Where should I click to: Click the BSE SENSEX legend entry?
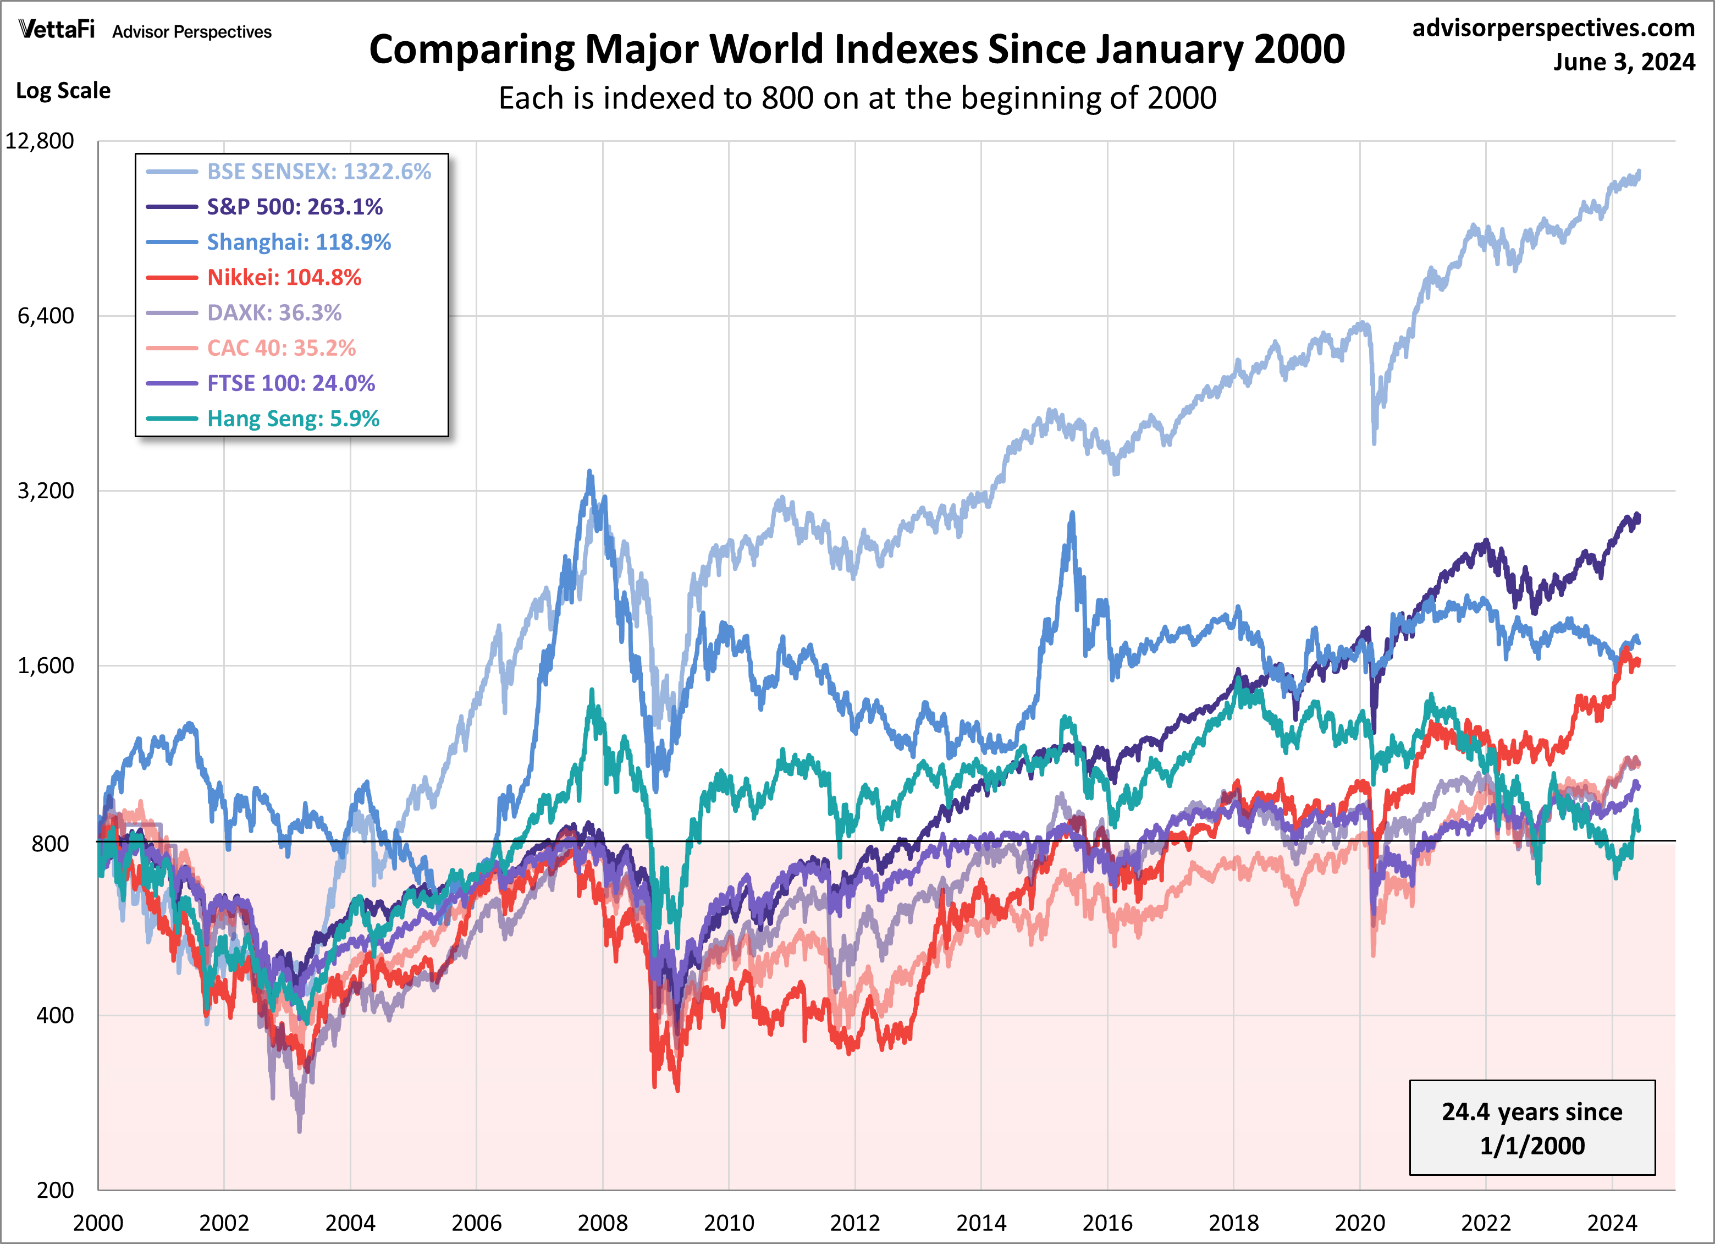[318, 172]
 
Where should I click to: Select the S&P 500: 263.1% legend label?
[294, 206]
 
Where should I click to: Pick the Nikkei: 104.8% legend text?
[284, 278]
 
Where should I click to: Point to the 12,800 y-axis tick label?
[40, 141]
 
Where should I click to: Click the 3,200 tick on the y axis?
[46, 491]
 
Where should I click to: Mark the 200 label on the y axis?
[54, 1190]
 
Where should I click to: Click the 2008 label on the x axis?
[602, 1223]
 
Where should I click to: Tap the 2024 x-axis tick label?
[1612, 1223]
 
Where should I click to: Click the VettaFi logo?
[57, 30]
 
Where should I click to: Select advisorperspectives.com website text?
[1553, 28]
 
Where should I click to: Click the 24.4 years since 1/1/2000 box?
[1531, 1127]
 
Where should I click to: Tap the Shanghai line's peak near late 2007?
[590, 472]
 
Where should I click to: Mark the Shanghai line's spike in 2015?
[1072, 514]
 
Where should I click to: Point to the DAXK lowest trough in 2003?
[300, 1131]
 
